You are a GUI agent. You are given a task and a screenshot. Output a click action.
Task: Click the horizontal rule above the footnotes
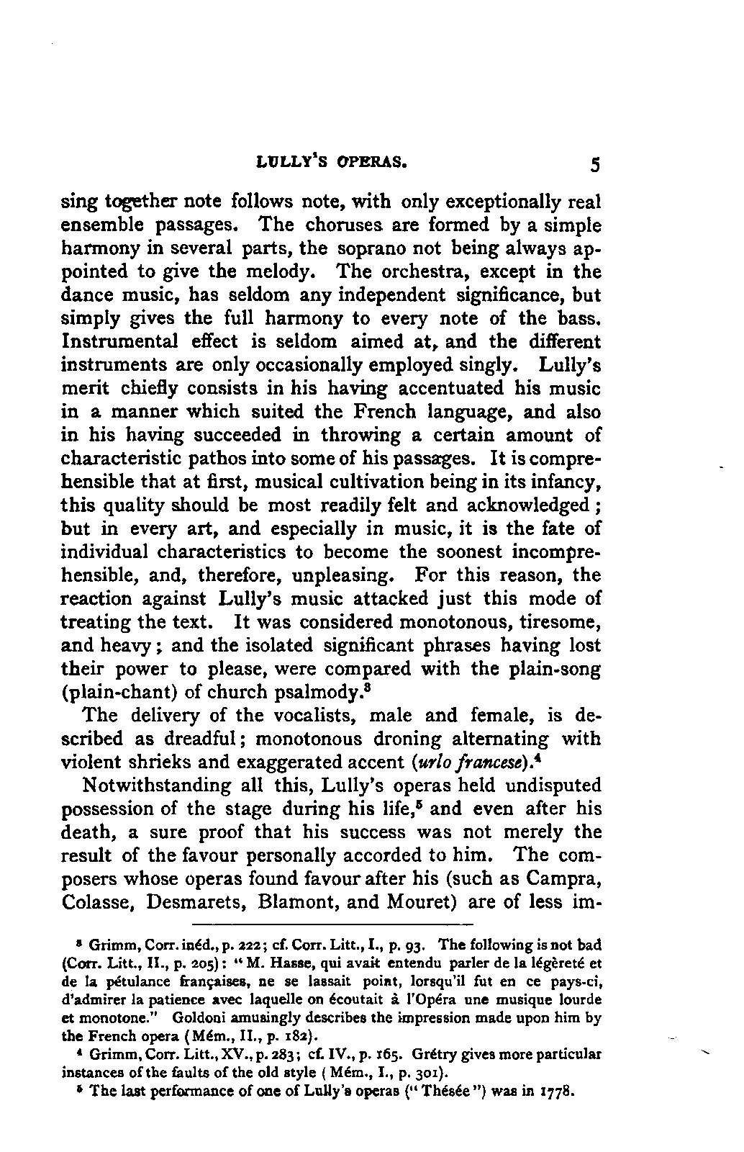334,922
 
